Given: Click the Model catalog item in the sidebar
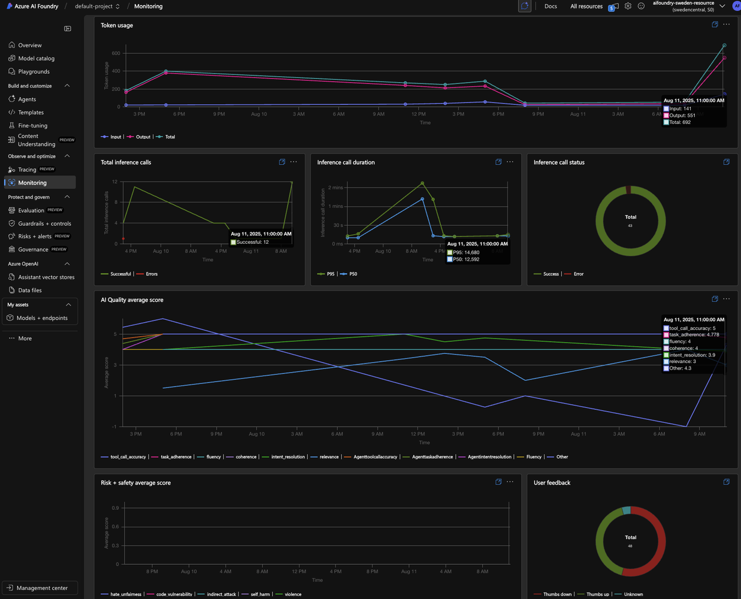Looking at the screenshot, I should [36, 58].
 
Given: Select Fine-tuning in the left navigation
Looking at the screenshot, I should [32, 125].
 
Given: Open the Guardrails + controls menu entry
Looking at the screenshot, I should [44, 223].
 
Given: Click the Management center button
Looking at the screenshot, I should [41, 588].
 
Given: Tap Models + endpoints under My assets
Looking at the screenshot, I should [42, 318].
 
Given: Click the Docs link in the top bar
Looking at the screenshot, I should [551, 6].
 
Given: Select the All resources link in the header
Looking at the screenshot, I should [586, 6].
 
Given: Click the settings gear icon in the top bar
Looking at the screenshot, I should [628, 6].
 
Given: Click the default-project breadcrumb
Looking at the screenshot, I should [94, 6].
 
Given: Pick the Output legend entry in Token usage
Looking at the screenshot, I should [143, 137].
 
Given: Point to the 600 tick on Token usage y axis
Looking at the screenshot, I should [116, 53].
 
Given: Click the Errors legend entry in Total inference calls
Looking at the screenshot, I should [152, 274].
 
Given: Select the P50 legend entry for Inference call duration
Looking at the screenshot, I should [353, 274].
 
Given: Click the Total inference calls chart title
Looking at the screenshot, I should [126, 162].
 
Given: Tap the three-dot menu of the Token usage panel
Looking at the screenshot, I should [727, 25].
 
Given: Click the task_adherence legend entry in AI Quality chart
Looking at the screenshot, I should [176, 457].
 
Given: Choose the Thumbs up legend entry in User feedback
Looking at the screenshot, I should [597, 594].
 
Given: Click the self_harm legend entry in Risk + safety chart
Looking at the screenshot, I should [260, 594].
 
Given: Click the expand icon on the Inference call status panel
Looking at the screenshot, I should [727, 162].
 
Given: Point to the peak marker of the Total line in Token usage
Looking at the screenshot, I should [724, 46].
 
